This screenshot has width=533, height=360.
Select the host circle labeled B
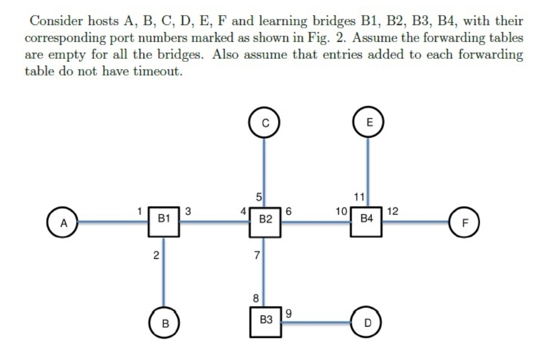tap(163, 322)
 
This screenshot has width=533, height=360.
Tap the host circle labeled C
tap(264, 123)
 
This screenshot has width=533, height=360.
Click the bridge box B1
tap(163, 221)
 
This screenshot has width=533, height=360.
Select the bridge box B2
tap(265, 221)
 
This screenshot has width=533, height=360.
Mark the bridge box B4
tap(367, 221)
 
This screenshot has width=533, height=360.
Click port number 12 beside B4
tap(392, 211)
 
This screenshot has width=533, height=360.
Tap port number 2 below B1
tap(156, 256)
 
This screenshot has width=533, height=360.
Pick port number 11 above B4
tap(358, 196)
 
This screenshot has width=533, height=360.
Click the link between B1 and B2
tap(215, 222)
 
